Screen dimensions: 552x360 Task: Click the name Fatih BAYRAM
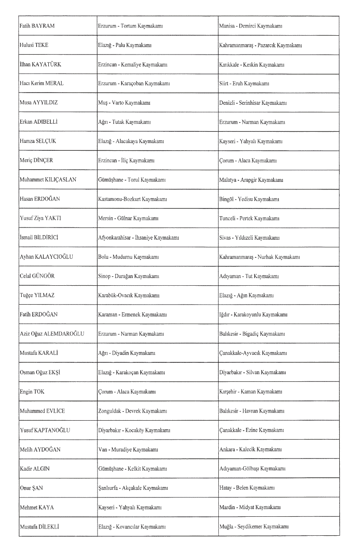37,26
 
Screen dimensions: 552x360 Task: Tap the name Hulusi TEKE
34,46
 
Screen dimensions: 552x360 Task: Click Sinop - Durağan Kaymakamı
128,276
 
